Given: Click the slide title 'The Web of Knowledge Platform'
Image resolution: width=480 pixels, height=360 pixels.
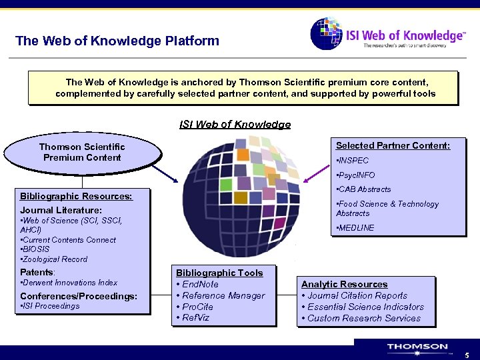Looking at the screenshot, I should pos(117,41).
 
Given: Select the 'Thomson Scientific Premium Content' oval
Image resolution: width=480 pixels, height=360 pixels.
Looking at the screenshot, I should pos(82,152).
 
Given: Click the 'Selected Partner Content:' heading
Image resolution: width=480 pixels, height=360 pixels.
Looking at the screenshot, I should pos(393,145).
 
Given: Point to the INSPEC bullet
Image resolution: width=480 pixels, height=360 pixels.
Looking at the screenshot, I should pos(353,161).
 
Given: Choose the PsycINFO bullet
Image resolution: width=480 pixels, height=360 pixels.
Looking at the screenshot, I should pos(357,175).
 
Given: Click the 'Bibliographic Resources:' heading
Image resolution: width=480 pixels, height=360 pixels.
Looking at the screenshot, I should pos(76,196).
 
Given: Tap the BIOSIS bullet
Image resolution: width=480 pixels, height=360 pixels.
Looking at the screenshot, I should pos(35,249).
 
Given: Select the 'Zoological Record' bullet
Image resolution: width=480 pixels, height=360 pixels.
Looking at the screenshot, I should pos(54,259).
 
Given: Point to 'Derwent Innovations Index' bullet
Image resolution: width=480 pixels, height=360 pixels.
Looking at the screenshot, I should pos(69,283).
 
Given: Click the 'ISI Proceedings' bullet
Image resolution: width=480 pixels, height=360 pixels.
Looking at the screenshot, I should pos(51,306).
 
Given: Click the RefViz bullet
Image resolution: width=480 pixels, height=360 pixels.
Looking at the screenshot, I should pos(196,318).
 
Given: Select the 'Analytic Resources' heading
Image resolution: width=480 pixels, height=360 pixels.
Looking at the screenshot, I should pos(344,284).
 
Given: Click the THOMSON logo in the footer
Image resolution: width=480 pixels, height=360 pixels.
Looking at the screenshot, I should pos(417,347).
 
